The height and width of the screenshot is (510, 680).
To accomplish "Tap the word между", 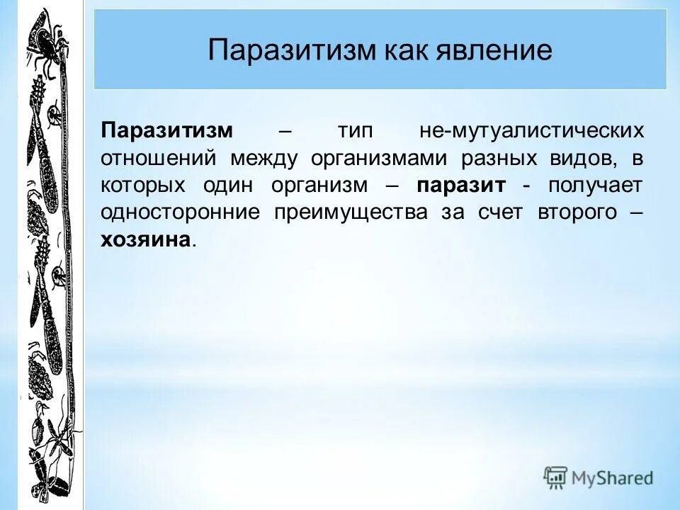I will (x=263, y=158).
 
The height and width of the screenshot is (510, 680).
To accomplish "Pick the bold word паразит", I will (x=461, y=185).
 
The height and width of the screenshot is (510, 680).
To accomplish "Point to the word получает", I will (x=595, y=185).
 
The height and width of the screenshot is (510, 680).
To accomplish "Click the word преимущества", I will (x=351, y=212).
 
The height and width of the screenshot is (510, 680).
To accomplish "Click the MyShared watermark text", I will (x=612, y=478).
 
